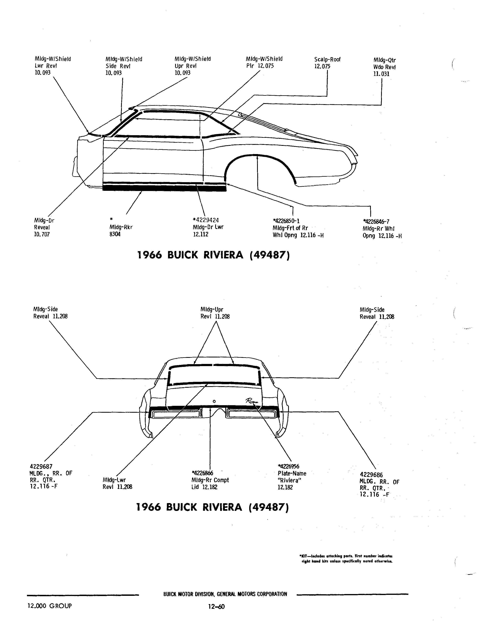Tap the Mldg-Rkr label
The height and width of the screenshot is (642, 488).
click(x=121, y=227)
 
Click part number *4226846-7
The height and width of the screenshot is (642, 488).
click(x=376, y=221)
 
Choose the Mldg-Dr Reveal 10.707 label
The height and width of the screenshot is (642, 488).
click(x=44, y=227)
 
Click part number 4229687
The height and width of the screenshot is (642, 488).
click(x=41, y=466)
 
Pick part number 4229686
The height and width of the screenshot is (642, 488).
click(x=371, y=475)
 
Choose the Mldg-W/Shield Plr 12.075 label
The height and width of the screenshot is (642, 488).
click(x=264, y=62)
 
